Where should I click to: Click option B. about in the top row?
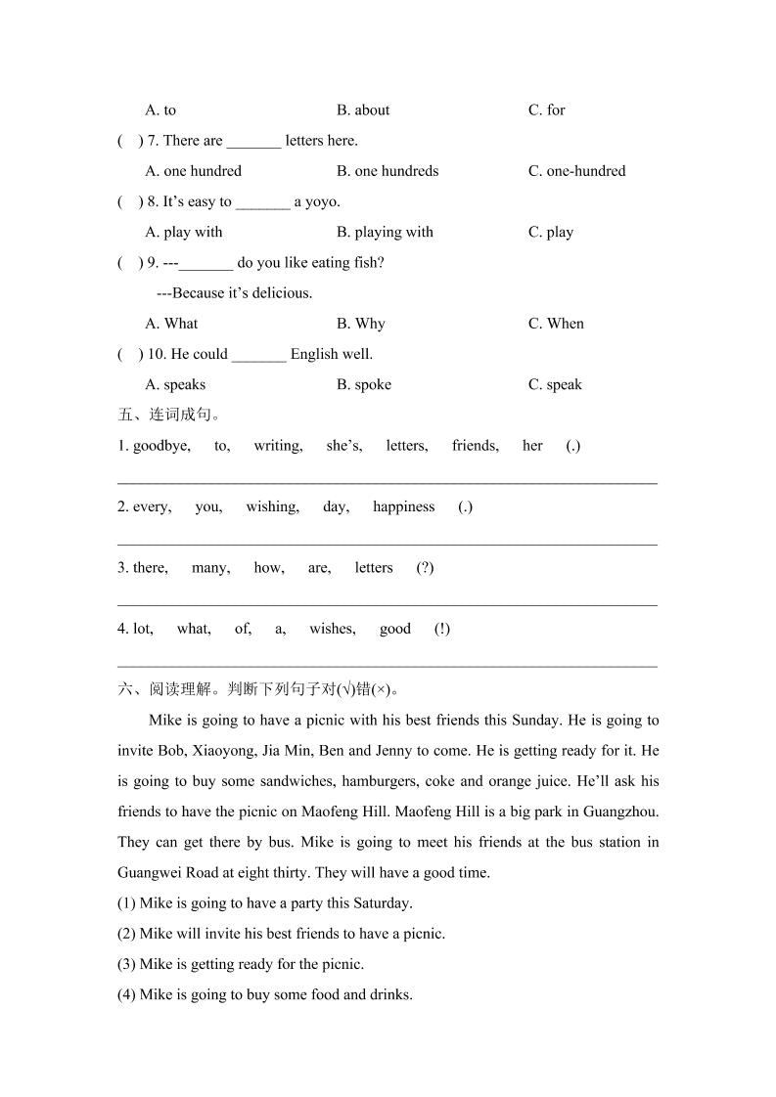pyautogui.click(x=363, y=110)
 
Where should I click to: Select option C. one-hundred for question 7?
pyautogui.click(x=576, y=171)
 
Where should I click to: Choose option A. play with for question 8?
pyautogui.click(x=184, y=233)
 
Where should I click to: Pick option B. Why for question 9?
pyautogui.click(x=361, y=324)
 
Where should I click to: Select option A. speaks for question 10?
pyautogui.click(x=175, y=385)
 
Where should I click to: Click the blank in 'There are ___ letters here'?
pyautogui.click(x=253, y=142)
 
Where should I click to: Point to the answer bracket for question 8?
pyautogui.click(x=129, y=202)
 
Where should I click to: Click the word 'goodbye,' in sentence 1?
pyautogui.click(x=161, y=446)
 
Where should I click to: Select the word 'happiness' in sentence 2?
pyautogui.click(x=403, y=507)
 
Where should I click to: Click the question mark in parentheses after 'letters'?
pyautogui.click(x=425, y=568)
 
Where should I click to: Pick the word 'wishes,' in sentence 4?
pyautogui.click(x=333, y=629)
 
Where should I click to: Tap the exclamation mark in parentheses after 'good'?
pyautogui.click(x=442, y=629)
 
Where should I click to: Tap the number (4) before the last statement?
pyautogui.click(x=126, y=995)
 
